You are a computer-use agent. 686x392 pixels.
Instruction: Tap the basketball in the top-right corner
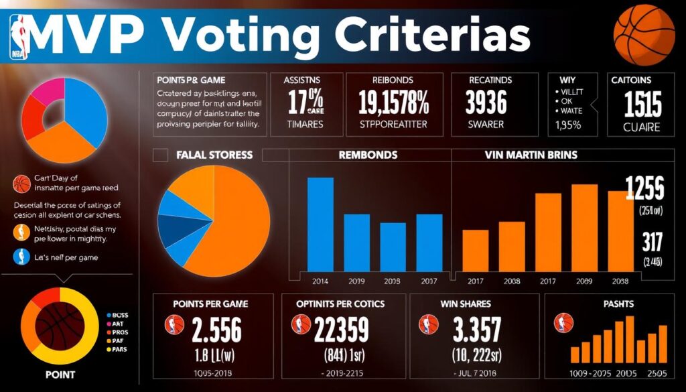point(645,32)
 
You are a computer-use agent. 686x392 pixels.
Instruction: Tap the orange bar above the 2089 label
point(584,227)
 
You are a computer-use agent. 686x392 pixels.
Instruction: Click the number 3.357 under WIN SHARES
point(476,330)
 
